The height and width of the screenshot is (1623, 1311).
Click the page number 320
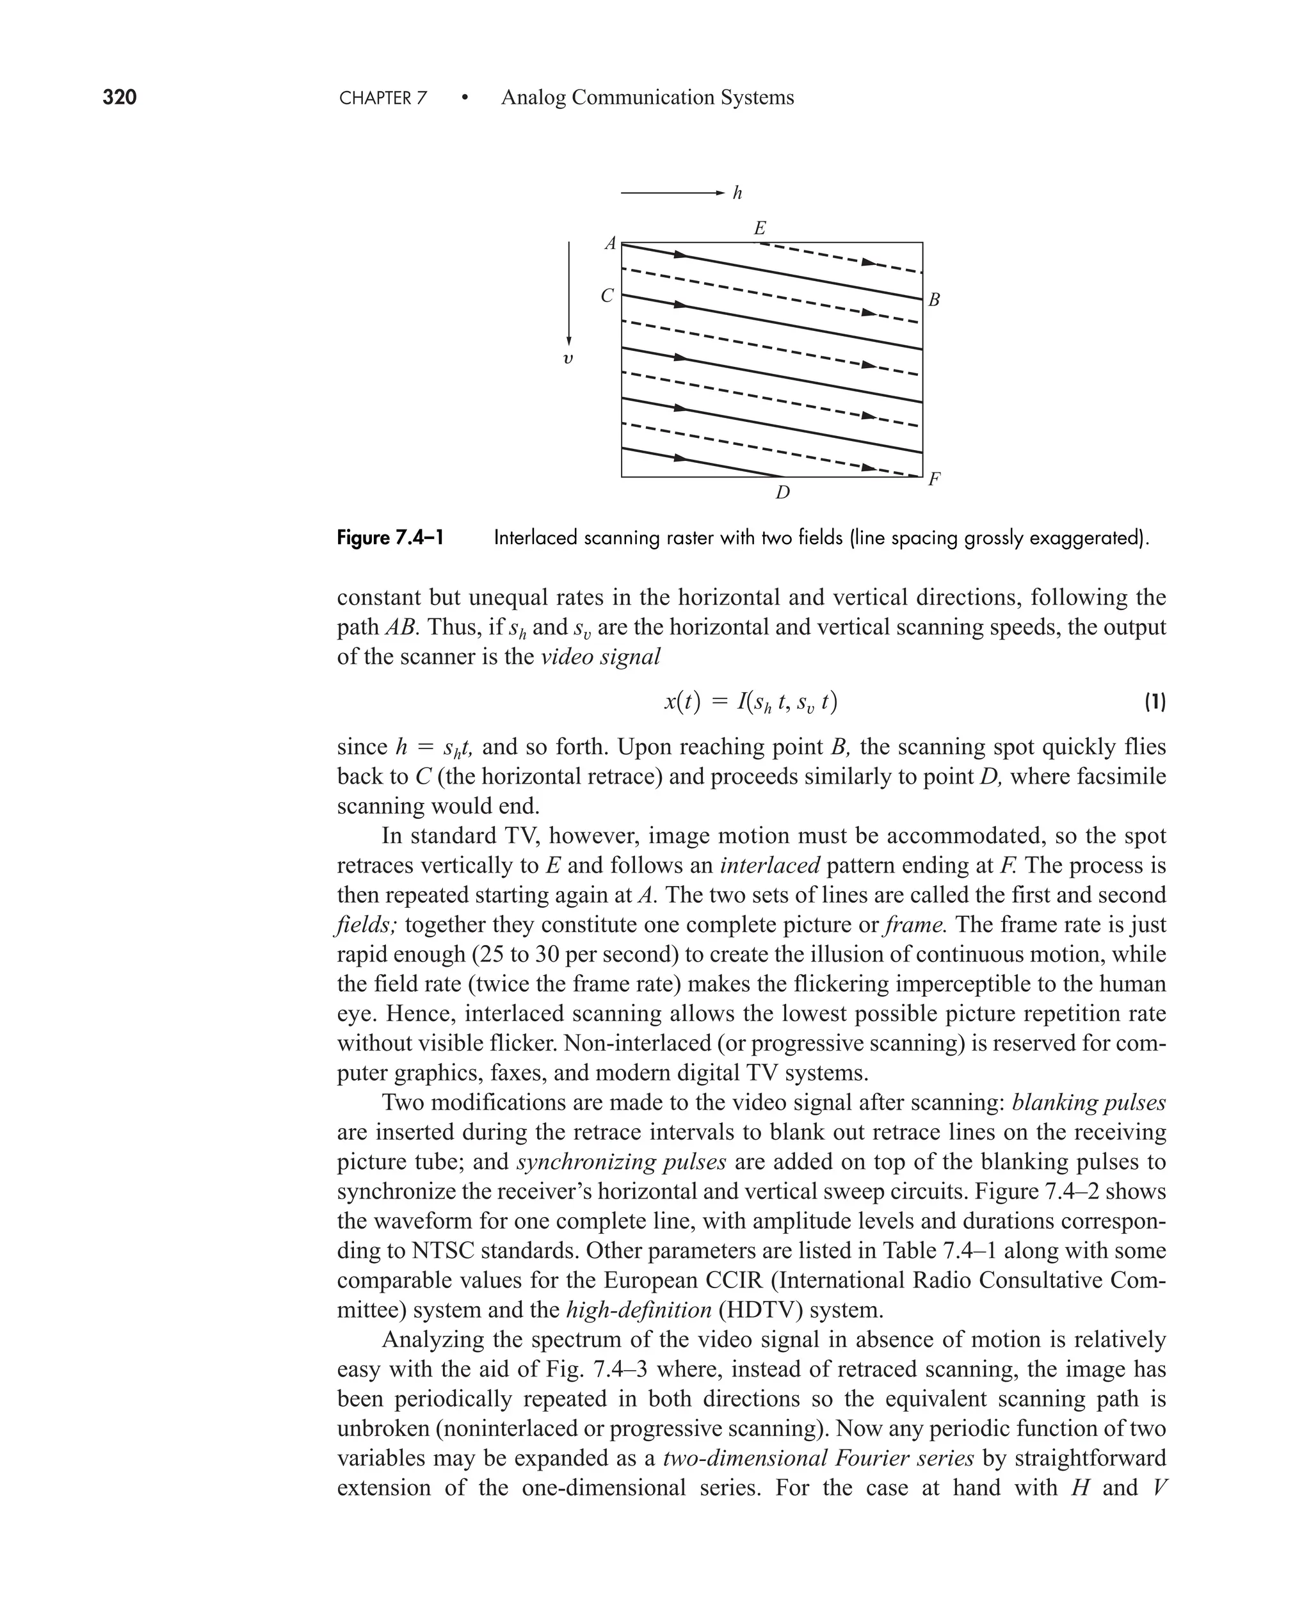point(119,97)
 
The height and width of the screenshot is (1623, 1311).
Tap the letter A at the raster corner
point(610,244)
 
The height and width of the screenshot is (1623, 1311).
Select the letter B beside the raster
point(933,300)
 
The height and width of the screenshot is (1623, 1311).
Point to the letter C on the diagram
point(607,296)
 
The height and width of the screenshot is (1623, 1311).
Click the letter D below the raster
point(782,493)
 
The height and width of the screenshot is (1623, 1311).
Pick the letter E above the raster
point(760,227)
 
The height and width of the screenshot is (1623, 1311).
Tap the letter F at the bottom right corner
point(934,479)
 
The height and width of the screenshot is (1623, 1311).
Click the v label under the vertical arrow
point(568,358)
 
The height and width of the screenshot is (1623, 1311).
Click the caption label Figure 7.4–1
point(390,538)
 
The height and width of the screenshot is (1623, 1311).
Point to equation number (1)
point(1155,702)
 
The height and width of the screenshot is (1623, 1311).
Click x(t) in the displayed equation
point(682,702)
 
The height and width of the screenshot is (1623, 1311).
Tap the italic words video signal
point(600,657)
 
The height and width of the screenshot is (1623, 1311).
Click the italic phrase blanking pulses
point(1088,1102)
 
